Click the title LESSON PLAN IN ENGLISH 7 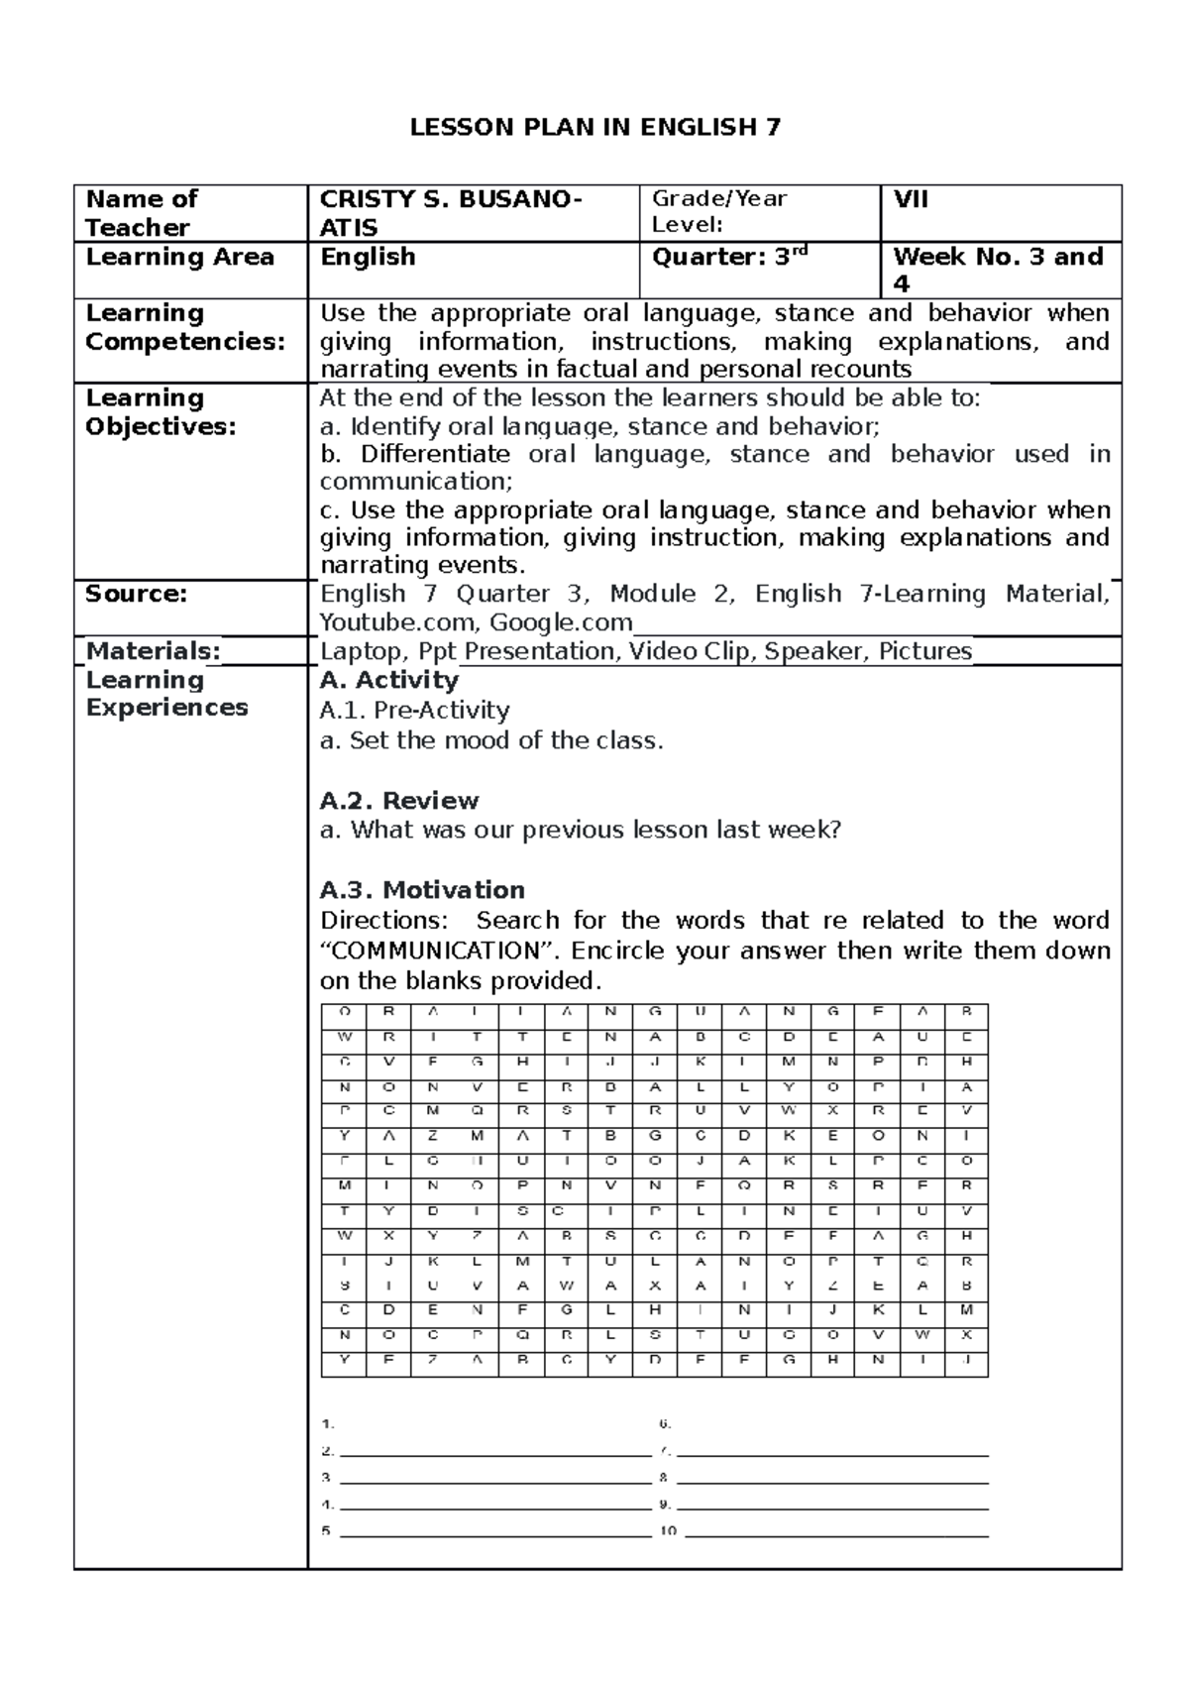click(595, 127)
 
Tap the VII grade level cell click(911, 199)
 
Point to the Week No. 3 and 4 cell click(997, 270)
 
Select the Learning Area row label click(179, 258)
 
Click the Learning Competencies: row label click(184, 327)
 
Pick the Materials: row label click(153, 651)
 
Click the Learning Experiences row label click(166, 694)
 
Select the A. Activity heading click(388, 680)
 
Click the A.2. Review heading click(398, 800)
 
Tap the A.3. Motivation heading click(422, 889)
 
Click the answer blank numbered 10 click(836, 1532)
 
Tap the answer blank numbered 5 click(494, 1532)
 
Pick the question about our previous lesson click(581, 830)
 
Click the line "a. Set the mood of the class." click(491, 740)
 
